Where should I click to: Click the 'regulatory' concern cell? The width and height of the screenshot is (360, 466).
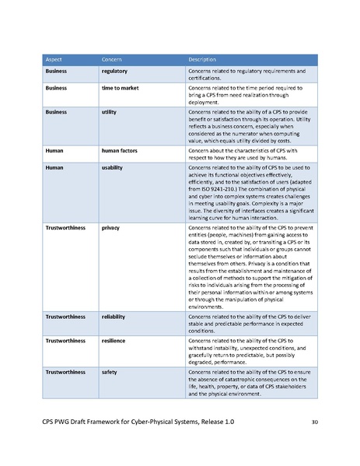pyautogui.click(x=116, y=72)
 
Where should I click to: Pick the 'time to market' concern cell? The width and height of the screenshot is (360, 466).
pyautogui.click(x=120, y=89)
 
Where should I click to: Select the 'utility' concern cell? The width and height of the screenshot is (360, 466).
pyautogui.click(x=110, y=112)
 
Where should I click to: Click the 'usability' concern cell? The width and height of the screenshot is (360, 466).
pyautogui.click(x=113, y=166)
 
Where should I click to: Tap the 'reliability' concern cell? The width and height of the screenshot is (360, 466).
pyautogui.click(x=114, y=318)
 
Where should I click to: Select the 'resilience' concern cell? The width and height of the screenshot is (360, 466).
pyautogui.click(x=114, y=341)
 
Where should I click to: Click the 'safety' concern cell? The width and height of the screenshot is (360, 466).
pyautogui.click(x=110, y=372)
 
